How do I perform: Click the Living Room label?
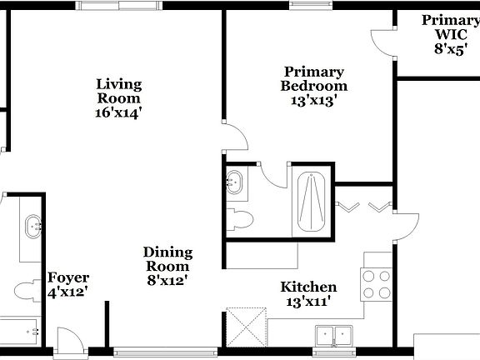(118, 91)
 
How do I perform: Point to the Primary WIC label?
(449, 27)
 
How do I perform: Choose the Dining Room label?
(167, 259)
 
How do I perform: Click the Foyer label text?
(68, 277)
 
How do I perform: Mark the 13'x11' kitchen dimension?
(307, 302)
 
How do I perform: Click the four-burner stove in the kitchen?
(376, 284)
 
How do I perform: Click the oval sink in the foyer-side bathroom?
(34, 225)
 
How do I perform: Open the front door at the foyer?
(67, 340)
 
